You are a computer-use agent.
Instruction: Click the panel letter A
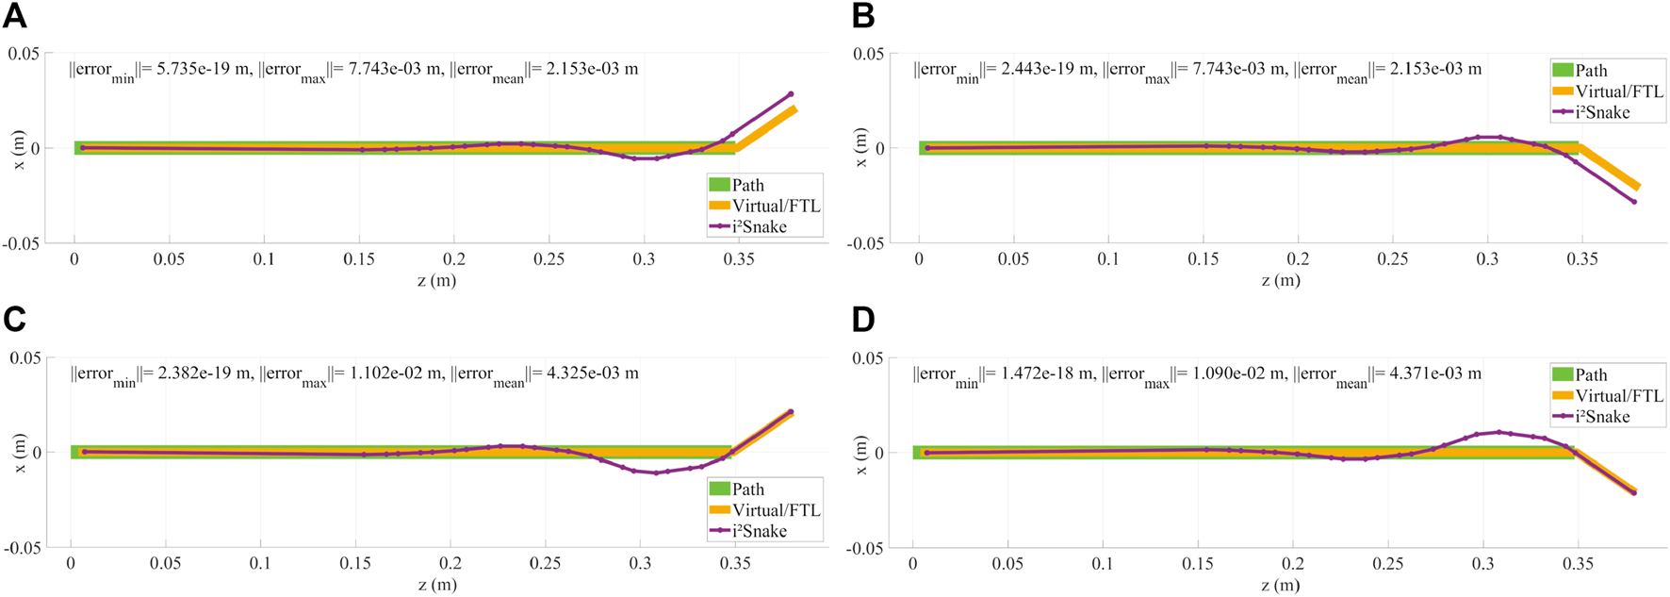point(14,16)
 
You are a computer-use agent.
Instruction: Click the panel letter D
point(862,321)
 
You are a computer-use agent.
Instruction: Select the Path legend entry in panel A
point(748,186)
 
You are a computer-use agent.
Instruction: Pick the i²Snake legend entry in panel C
point(759,531)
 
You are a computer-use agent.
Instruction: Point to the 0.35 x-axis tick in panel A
point(739,259)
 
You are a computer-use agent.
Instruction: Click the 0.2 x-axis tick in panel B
point(1298,259)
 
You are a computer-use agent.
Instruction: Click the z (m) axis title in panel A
point(437,280)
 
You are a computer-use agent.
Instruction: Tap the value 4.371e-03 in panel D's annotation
point(1430,373)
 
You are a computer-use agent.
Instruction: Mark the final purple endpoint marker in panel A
point(791,94)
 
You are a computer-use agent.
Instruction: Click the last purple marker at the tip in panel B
point(1634,202)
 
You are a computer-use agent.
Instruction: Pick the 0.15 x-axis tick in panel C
point(355,563)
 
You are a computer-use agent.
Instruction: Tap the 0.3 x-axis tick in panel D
point(1482,564)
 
